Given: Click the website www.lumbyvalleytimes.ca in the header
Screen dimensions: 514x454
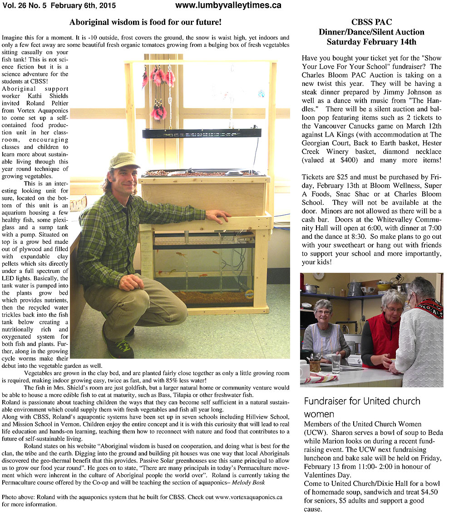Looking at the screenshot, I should [228, 5].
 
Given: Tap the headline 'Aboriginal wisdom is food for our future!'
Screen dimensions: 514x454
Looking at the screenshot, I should [145, 22].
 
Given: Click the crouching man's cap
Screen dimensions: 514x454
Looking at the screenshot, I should [123, 160].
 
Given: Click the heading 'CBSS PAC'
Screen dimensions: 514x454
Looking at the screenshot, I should [371, 22].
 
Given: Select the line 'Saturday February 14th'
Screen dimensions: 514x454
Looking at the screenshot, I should [371, 42].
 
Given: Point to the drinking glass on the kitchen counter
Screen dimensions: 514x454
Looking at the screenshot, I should [336, 363].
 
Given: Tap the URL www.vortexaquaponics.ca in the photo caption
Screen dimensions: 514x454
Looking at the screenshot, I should [249, 497].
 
